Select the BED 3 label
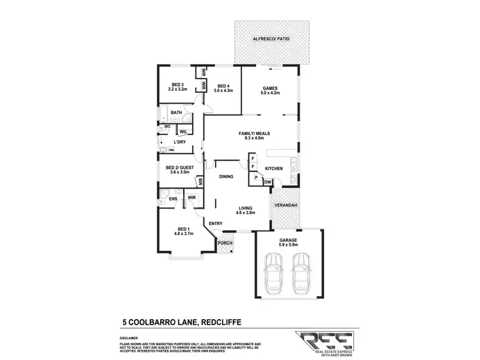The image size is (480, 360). click(x=177, y=85)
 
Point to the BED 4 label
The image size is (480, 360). click(x=223, y=86)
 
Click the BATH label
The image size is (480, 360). click(x=176, y=113)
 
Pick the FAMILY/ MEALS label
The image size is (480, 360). click(x=254, y=134)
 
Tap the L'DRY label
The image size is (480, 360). click(x=180, y=142)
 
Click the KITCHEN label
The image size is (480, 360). click(x=274, y=169)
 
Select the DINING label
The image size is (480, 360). click(x=226, y=177)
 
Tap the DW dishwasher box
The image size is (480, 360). click(x=268, y=183)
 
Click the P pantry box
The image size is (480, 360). click(x=256, y=177)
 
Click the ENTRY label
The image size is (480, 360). click(x=215, y=223)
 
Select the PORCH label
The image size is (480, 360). click(x=225, y=243)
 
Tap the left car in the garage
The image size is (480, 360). click(x=275, y=272)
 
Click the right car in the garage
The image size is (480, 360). click(x=301, y=272)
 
